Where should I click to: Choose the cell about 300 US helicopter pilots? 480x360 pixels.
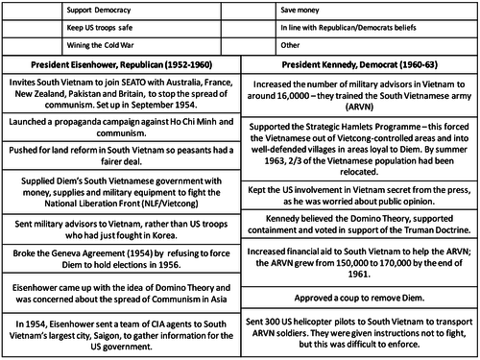361,333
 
